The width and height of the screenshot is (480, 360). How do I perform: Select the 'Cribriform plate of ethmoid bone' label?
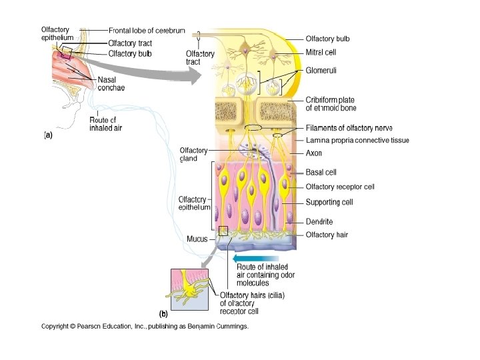coord(331,103)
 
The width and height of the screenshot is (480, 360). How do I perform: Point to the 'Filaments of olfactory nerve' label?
coord(349,128)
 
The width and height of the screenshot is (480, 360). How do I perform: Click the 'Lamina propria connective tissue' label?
coord(357,140)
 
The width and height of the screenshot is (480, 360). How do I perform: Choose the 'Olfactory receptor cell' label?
coord(340,187)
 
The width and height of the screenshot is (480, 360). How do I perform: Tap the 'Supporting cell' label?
coord(329,202)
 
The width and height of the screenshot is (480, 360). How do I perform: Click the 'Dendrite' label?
coord(319,221)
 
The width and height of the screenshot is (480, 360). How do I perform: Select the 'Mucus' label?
coord(197,239)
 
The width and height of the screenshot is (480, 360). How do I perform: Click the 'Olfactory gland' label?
coord(194,155)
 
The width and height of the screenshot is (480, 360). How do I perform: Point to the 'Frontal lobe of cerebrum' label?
coord(150,30)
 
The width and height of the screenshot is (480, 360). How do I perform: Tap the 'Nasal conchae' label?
coord(111,84)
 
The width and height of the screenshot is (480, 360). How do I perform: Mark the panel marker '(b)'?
coord(163,313)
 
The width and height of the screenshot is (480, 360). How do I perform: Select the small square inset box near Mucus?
coord(223,231)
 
